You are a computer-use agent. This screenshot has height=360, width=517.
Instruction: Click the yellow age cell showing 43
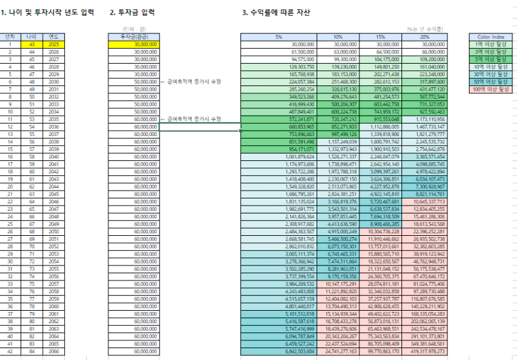point(31,44)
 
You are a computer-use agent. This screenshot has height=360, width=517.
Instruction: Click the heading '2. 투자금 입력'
point(133,12)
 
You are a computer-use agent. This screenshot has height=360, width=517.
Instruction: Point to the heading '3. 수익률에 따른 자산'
point(276,12)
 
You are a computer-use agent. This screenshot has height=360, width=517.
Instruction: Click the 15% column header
point(378,37)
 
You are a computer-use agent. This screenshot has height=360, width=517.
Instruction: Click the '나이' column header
point(31,37)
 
